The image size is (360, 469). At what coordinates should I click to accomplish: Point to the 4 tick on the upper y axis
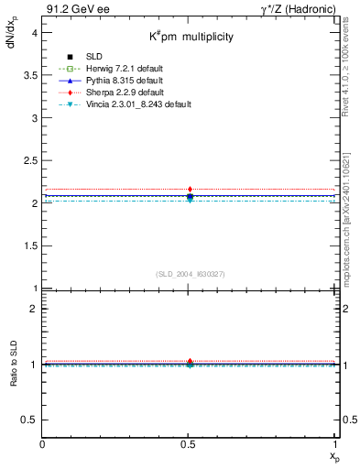coord(35,32)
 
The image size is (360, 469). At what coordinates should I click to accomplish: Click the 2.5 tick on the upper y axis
coord(31,160)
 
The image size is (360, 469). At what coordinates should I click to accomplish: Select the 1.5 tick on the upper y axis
coord(31,246)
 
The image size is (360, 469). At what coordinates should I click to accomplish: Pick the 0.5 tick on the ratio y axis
coord(31,420)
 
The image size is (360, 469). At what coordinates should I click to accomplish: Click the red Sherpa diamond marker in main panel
coord(190,190)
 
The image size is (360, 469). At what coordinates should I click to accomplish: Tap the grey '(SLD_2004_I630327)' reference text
coord(190,274)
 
